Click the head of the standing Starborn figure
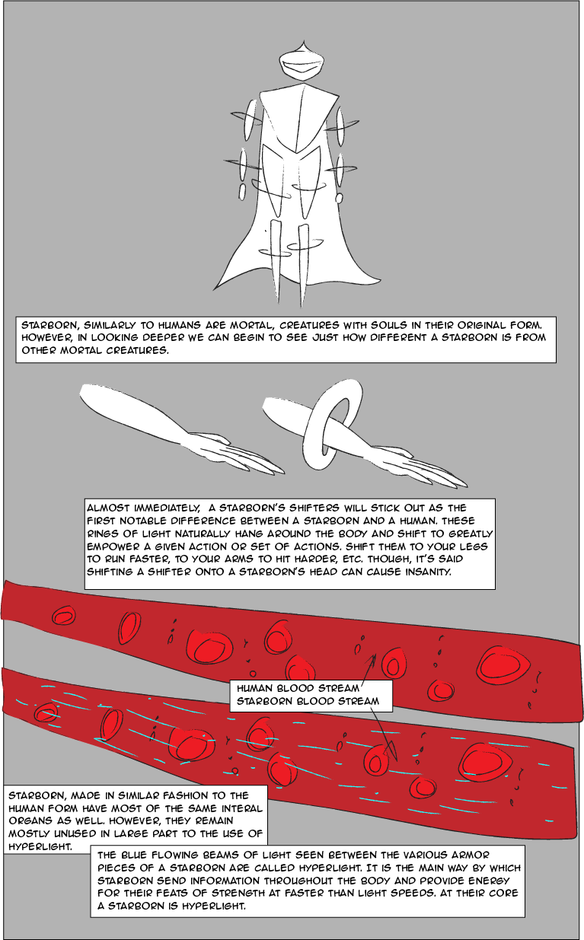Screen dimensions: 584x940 point(302,63)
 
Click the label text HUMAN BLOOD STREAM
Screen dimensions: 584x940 point(298,689)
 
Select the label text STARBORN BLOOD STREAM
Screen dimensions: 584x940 point(308,701)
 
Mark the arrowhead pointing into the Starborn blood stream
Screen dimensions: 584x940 point(392,752)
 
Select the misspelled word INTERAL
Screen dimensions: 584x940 point(242,808)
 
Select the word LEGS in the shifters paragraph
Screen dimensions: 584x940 point(475,546)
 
